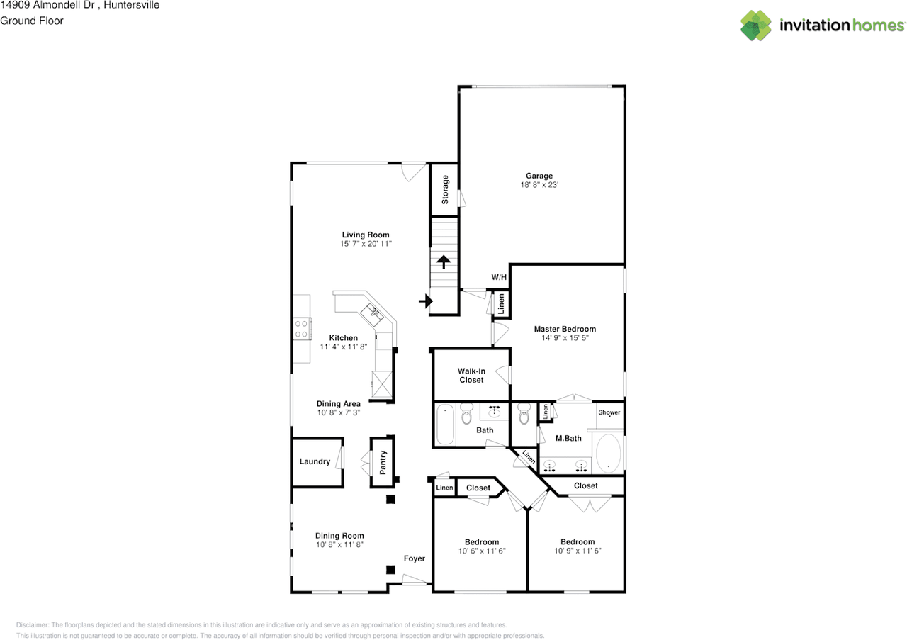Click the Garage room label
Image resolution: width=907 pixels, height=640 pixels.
click(539, 176)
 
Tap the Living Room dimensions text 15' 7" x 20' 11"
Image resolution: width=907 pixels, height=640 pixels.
click(365, 244)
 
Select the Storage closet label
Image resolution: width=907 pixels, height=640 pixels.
click(445, 190)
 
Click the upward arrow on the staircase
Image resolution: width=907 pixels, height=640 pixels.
click(444, 262)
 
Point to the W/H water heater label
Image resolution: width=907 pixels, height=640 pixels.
click(499, 277)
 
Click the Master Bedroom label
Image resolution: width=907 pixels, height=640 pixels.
click(564, 329)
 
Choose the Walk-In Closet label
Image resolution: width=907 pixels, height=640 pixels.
click(471, 375)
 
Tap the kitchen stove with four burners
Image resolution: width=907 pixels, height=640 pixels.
click(302, 327)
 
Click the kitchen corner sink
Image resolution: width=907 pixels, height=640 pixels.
click(373, 310)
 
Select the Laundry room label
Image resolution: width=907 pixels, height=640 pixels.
click(315, 461)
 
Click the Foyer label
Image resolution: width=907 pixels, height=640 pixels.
click(415, 558)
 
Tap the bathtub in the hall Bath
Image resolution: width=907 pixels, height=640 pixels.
click(445, 424)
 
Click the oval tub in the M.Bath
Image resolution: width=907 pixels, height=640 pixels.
click(609, 454)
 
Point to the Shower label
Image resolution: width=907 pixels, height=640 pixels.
click(609, 412)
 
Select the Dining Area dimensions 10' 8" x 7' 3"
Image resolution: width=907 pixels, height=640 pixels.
click(338, 412)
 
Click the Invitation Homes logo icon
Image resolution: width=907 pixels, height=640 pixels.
click(756, 26)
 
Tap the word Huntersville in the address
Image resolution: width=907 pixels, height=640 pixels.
click(131, 5)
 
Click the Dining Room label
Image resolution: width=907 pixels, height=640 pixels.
click(339, 536)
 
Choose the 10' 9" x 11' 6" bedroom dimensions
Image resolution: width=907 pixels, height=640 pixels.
click(577, 551)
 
